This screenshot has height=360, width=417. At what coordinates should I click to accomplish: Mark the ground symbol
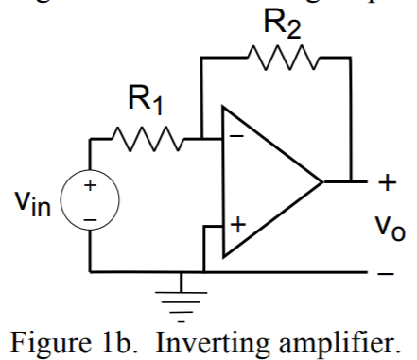[177, 288]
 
